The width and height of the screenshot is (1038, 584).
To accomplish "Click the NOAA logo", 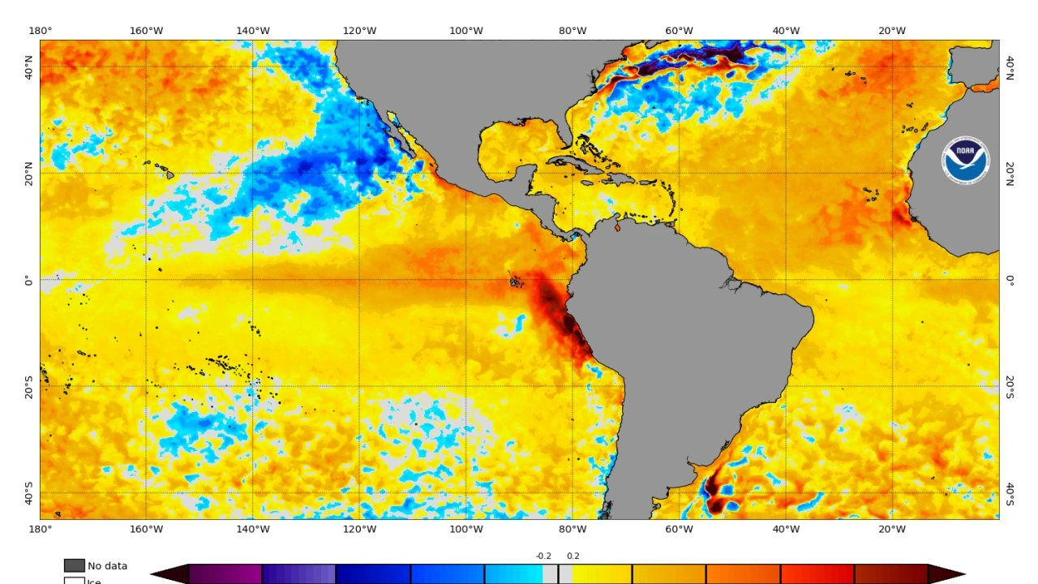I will pos(965,160).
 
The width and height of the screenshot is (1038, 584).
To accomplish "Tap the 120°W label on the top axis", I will pos(359,31).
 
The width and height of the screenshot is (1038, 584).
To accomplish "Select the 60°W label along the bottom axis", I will pos(679,530).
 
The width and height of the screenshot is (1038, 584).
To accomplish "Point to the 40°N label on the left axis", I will pos(28,67).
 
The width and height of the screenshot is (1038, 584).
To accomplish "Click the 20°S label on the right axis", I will pos(1010,387).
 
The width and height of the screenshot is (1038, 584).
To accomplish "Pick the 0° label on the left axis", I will pos(28,280).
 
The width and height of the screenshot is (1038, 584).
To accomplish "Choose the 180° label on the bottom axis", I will pos(40,530).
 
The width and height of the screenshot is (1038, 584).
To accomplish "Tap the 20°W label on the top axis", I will pos(892,31).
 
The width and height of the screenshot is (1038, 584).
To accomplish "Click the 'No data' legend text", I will pos(107,566).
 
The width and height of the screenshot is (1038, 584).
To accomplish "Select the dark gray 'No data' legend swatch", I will pos(75,565).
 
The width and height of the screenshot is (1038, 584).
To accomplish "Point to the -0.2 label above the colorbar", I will pos(543,556).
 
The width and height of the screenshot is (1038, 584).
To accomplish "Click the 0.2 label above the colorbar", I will pos(573,556).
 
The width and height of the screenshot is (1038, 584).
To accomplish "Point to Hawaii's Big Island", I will pos(169,174).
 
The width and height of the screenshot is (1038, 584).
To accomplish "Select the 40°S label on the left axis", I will pos(28,493).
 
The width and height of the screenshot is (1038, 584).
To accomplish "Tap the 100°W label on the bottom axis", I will pos(466,530).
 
